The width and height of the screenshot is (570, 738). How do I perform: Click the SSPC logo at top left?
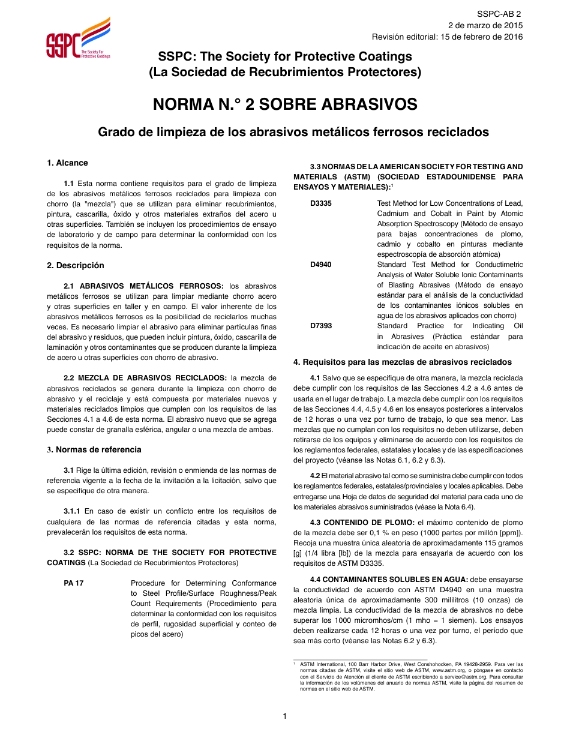pos(78,38)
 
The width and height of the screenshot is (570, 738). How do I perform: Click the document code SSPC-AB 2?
pos(499,14)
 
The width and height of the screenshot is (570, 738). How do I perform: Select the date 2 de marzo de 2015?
pos(485,25)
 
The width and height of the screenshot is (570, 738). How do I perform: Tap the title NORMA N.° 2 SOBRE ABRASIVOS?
pos(285,104)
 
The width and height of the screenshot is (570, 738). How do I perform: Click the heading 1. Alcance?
pos(67,163)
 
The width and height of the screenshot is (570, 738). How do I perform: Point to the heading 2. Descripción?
pos(76,266)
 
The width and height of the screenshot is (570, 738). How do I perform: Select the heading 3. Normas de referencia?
pos(94,450)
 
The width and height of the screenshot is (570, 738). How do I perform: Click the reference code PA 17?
pos(74,583)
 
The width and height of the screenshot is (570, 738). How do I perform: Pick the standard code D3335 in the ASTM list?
pos(321,203)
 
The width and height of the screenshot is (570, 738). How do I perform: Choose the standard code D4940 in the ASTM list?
pos(321,265)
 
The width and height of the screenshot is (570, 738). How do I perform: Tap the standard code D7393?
pos(321,326)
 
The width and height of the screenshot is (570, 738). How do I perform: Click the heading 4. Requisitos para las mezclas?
pos(402,362)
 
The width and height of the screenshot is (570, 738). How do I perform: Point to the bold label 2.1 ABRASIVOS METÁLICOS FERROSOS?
pos(143,286)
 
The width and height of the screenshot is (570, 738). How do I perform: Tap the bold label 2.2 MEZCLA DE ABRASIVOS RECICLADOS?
pos(145,378)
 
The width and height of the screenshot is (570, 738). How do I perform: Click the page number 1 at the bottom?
pos(285,716)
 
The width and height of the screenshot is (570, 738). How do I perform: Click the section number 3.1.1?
pos(73,511)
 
